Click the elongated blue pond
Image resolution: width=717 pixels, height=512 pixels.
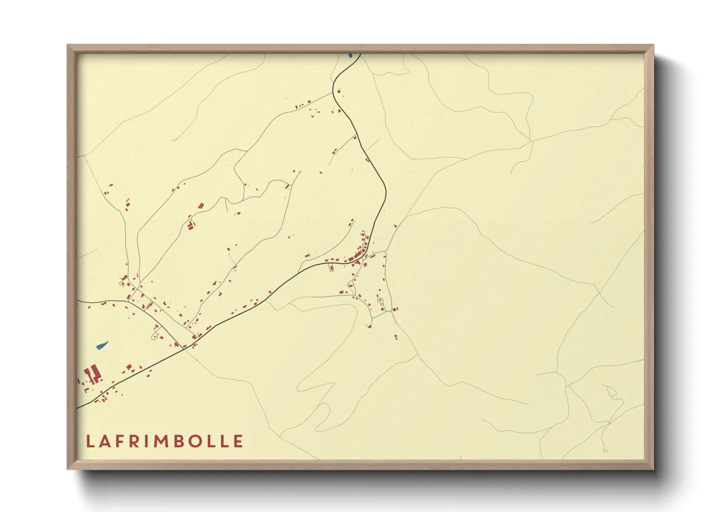[x=102, y=345]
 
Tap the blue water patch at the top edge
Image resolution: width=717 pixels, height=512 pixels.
[x=350, y=55]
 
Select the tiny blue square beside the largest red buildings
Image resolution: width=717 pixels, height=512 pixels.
[x=102, y=380]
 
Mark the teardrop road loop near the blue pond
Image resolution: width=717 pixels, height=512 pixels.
[x=156, y=334]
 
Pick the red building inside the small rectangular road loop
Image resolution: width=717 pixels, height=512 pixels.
[x=332, y=268]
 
